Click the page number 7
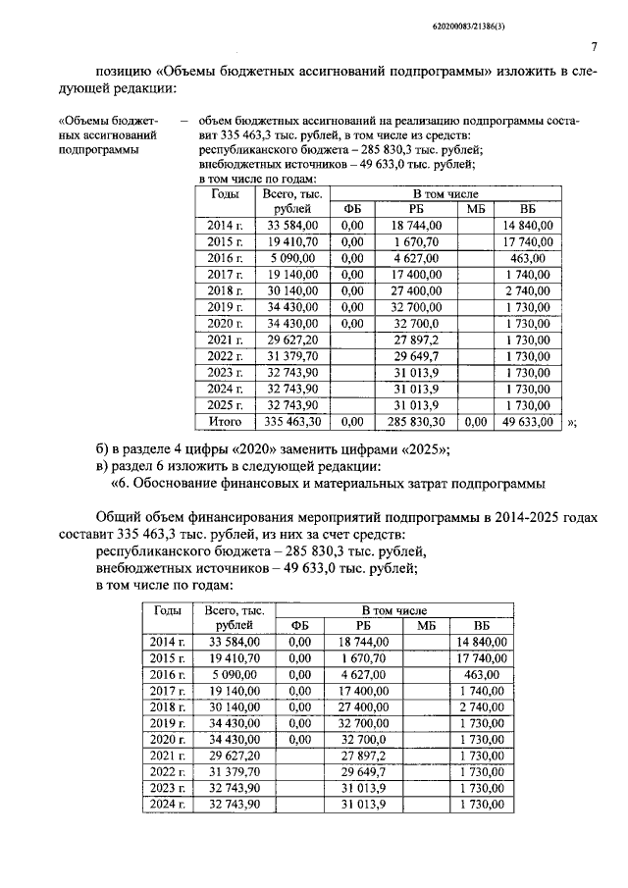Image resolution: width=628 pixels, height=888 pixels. click(x=595, y=47)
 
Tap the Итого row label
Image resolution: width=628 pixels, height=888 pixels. click(x=226, y=422)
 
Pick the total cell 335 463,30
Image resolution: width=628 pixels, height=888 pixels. click(x=291, y=422)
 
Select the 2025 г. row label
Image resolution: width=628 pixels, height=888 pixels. click(x=226, y=404)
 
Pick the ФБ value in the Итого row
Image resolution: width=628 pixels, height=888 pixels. click(x=350, y=422)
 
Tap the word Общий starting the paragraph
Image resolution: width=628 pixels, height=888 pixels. click(x=120, y=517)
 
